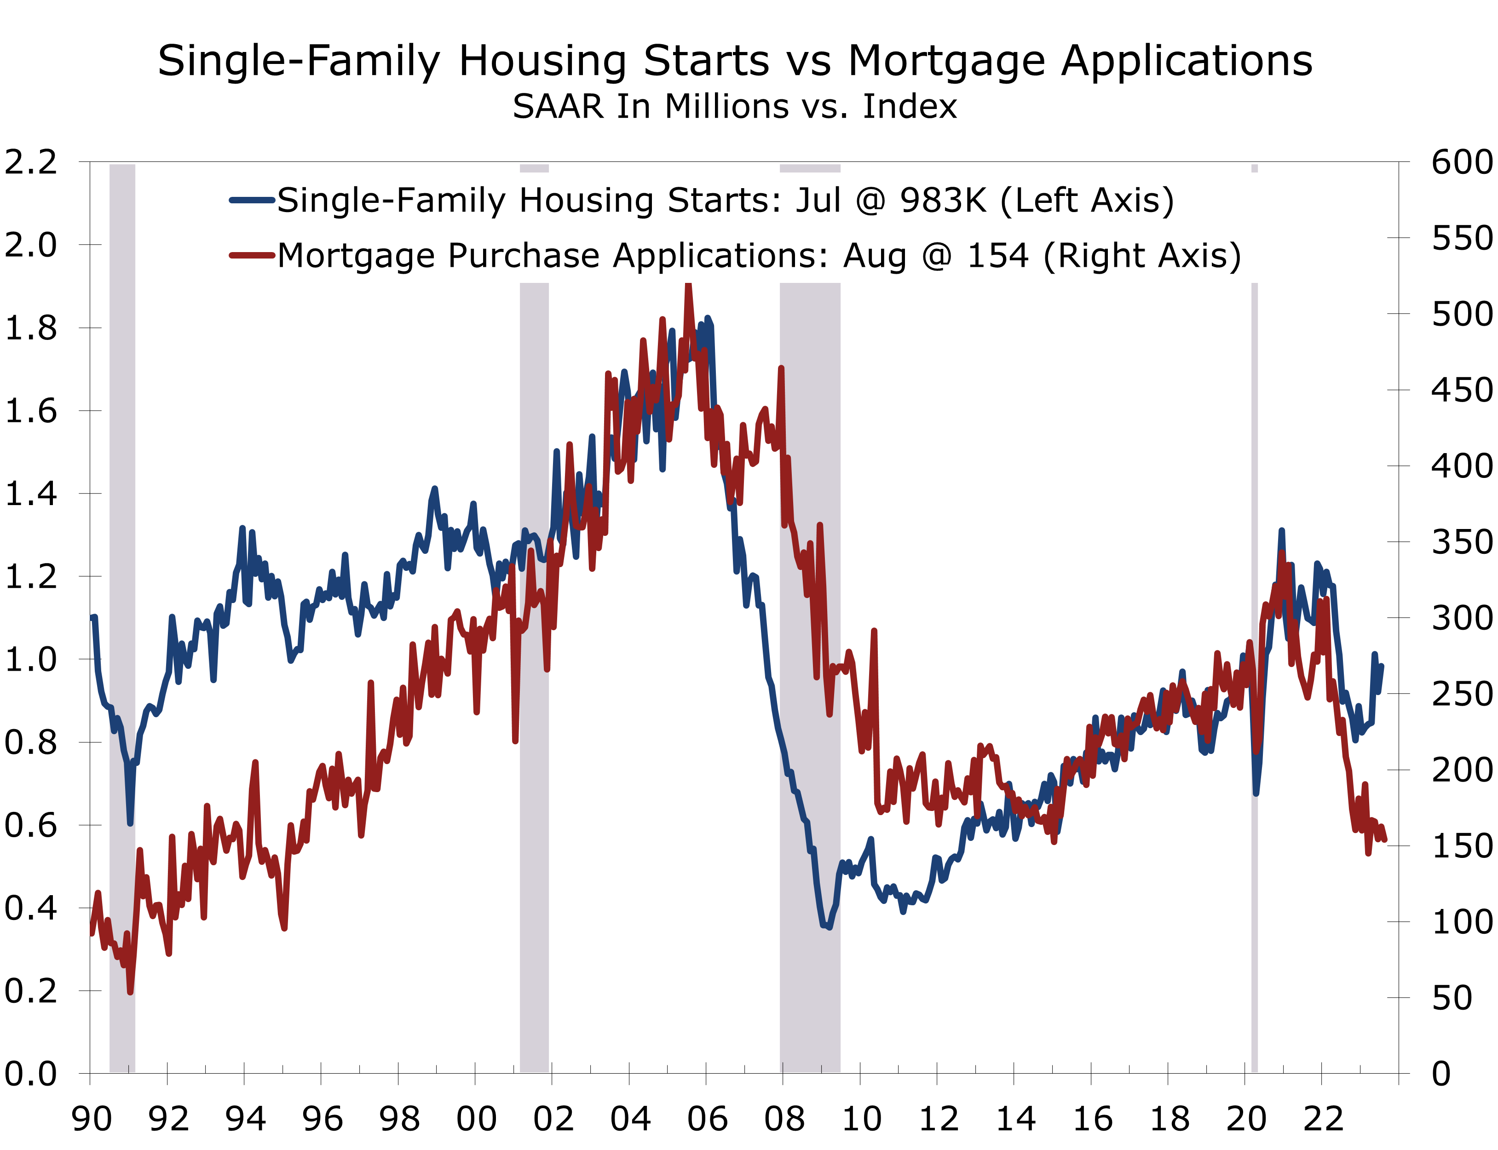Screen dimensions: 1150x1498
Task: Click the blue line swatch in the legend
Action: coord(252,201)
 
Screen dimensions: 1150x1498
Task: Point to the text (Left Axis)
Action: coord(1087,201)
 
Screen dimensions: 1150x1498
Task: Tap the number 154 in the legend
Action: coord(997,256)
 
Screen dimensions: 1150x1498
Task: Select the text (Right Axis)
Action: coord(1142,256)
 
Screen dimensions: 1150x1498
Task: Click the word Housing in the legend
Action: coord(586,201)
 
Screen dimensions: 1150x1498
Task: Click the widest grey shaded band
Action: coord(810,616)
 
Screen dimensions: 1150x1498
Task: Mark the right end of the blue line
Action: coord(1382,665)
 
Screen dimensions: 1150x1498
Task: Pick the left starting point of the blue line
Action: coord(93,617)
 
